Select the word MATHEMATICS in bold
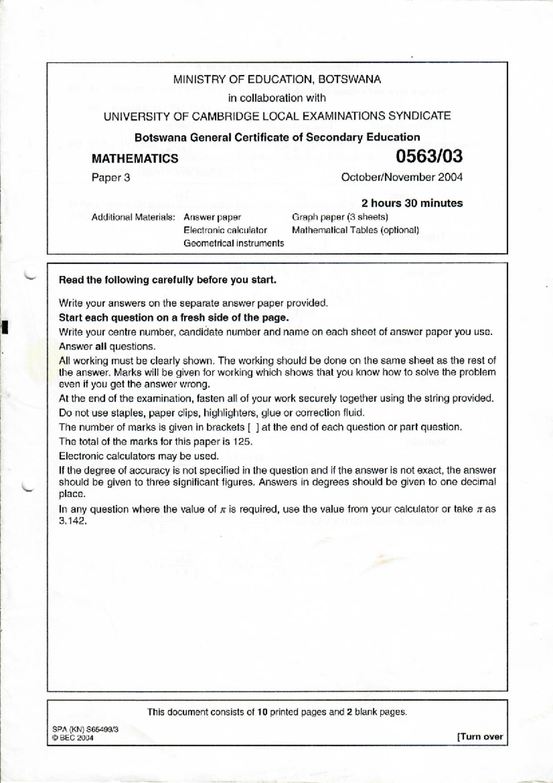tap(135, 159)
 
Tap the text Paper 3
tap(111, 178)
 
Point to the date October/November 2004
tap(402, 177)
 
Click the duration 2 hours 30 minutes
tap(412, 203)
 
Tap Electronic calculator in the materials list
tap(225, 230)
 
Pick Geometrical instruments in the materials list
tap(234, 243)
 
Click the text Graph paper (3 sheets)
tap(340, 217)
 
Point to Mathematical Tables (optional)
tap(355, 230)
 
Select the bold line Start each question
tap(174, 318)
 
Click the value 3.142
tap(73, 522)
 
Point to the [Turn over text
tap(480, 736)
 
